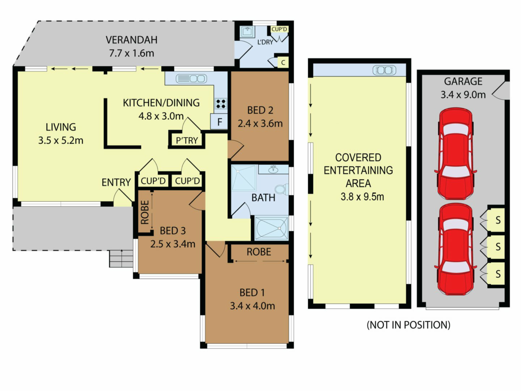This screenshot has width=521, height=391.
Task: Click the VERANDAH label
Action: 132,40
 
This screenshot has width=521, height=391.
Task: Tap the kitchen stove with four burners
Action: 221,104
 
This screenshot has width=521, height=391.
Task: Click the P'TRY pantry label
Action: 187,140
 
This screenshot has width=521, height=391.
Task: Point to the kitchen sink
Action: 191,79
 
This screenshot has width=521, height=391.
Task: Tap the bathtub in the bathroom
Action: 272,228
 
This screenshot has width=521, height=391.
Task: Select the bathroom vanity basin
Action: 273,169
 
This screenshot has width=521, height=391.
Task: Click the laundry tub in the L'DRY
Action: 247,32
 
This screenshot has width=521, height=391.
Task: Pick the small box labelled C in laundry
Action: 283,62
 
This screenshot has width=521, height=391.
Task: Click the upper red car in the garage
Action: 456,154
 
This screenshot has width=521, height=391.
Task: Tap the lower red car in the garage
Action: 456,249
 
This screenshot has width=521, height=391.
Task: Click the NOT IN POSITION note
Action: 408,325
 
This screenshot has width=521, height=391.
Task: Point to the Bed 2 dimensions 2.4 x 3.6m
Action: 260,124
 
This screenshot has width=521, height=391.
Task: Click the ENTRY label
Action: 116,182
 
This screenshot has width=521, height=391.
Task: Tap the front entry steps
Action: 121,259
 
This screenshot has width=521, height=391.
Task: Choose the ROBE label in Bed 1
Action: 259,252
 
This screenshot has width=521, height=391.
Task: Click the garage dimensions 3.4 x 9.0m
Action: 463,95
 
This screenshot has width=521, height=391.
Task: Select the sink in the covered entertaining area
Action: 384,70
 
